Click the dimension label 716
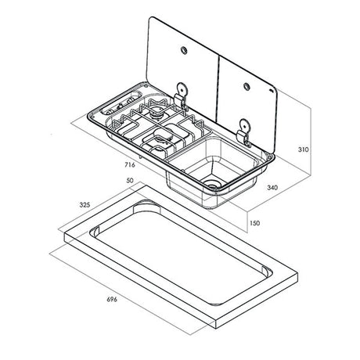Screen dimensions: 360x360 (x=131, y=164)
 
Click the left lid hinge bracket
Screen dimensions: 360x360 (x=181, y=94)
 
